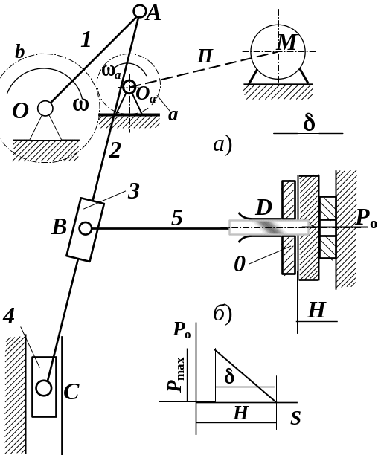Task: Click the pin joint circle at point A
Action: (140, 12)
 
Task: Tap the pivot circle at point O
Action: (45, 109)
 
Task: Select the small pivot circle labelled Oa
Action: (129, 87)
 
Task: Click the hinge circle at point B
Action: (86, 229)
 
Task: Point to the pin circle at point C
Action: (44, 388)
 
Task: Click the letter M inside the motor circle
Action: (286, 42)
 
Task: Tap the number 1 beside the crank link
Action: (86, 39)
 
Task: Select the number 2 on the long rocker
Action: (115, 150)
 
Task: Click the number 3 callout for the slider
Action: (133, 191)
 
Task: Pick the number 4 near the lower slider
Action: (9, 316)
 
